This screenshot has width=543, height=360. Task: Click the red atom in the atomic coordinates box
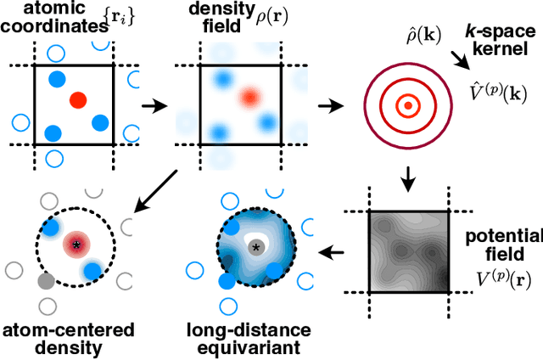click(x=76, y=100)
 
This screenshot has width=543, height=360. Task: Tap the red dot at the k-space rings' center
click(x=408, y=106)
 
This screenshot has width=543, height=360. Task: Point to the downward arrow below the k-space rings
click(x=407, y=180)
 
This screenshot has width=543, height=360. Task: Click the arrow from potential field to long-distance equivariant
click(x=335, y=252)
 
